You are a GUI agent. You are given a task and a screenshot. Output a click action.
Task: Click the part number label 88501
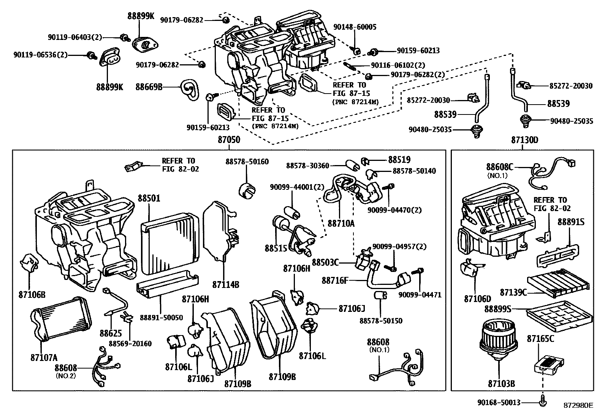(149, 199)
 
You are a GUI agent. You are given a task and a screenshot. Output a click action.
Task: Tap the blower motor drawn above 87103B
(499, 340)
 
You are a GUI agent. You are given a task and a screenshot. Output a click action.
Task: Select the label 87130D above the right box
(524, 140)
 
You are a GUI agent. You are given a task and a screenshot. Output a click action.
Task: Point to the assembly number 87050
(229, 140)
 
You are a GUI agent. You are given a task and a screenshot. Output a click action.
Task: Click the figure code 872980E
(578, 405)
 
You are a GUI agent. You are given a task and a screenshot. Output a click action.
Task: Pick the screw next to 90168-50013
(543, 402)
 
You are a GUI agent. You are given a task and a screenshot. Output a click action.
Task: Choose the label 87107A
(44, 358)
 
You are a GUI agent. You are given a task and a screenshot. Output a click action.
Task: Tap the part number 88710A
(341, 223)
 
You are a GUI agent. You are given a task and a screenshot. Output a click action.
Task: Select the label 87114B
(226, 284)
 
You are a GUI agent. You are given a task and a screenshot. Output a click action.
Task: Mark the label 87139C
(513, 292)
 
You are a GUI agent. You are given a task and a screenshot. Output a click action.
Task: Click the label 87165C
(540, 339)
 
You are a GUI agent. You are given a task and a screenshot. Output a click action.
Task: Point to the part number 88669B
(149, 87)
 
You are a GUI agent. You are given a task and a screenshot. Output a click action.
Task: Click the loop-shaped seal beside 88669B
(190, 89)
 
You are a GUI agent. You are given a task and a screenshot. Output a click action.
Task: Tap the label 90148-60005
(355, 27)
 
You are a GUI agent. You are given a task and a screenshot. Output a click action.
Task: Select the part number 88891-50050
(161, 318)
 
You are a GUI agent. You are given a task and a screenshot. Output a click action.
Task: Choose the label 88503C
(325, 262)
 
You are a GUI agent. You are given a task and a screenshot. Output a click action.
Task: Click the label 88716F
(334, 280)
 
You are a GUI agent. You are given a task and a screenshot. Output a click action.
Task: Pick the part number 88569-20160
(130, 343)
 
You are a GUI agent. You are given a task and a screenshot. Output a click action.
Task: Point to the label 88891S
(571, 222)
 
